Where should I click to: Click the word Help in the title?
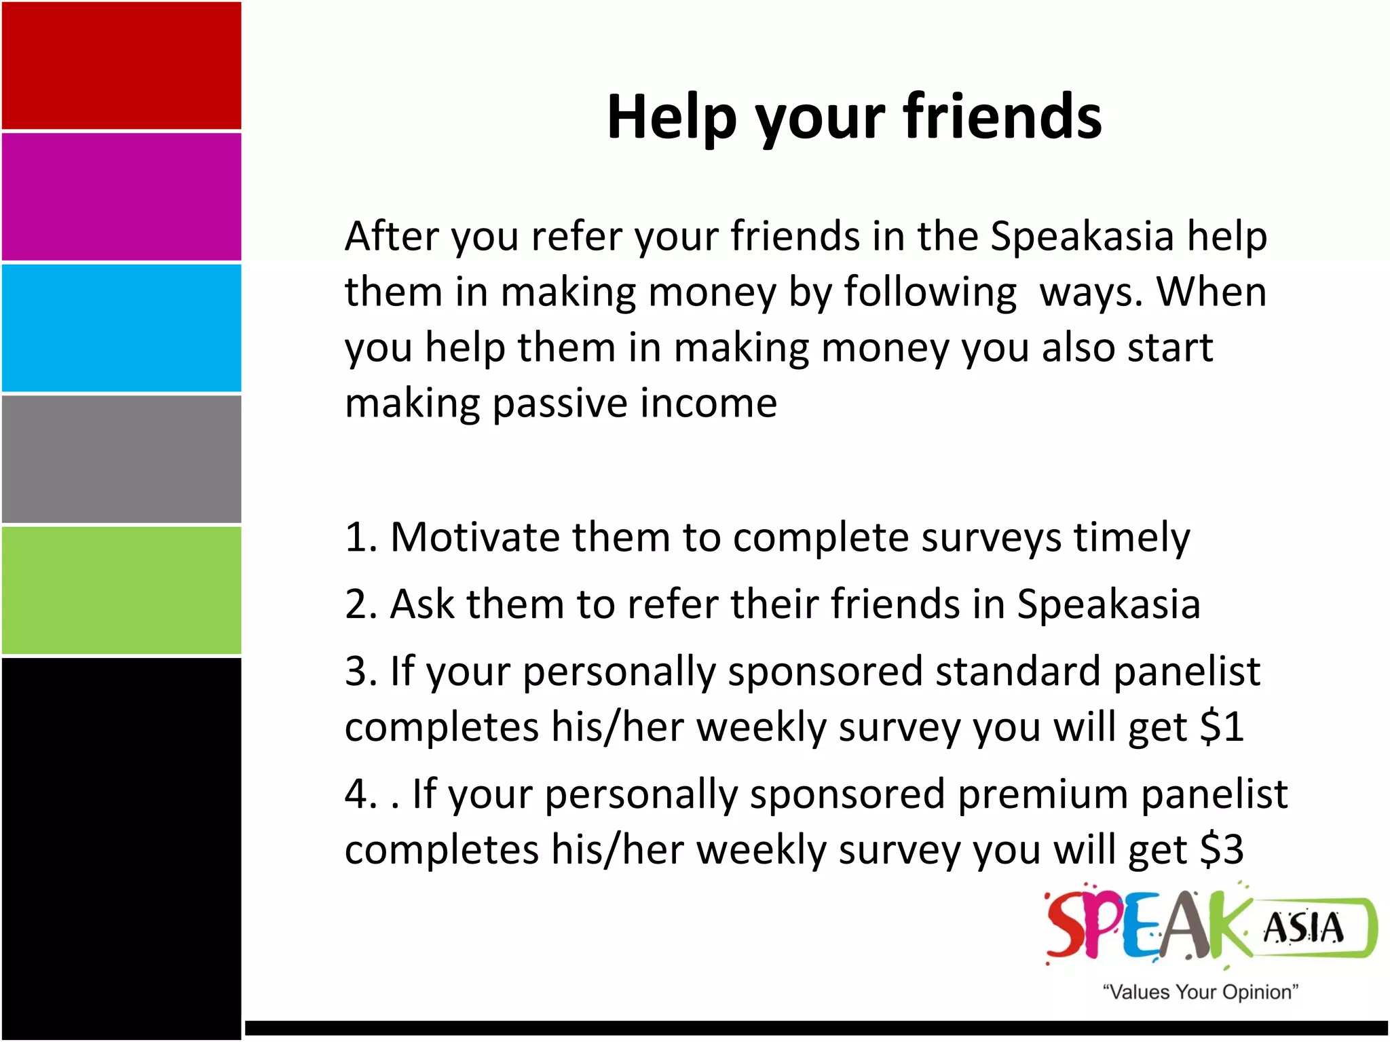(x=671, y=117)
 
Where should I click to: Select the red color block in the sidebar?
(x=121, y=66)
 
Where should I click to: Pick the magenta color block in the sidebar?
(x=121, y=197)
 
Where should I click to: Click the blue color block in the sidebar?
(x=121, y=328)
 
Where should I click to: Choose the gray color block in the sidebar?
(x=121, y=459)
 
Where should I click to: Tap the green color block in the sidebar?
(x=121, y=590)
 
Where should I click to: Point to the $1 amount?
(x=1222, y=727)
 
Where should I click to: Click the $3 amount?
(x=1222, y=849)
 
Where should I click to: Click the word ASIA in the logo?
(x=1303, y=928)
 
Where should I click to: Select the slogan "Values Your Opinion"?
(x=1200, y=992)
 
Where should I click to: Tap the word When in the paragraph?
(x=1211, y=292)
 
